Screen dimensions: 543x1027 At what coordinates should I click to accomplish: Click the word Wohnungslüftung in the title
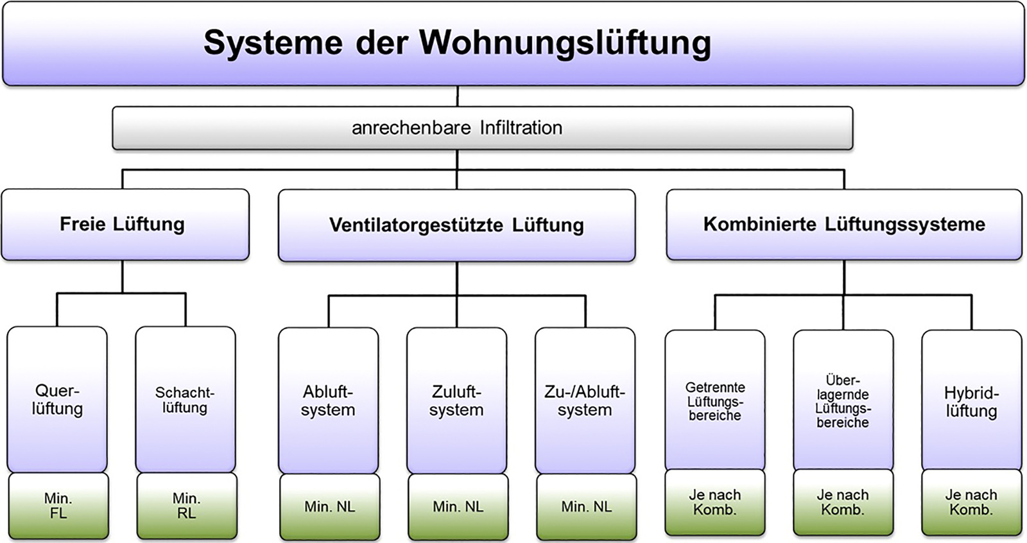[x=565, y=43]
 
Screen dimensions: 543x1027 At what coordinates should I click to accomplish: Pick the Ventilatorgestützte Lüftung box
[x=456, y=225]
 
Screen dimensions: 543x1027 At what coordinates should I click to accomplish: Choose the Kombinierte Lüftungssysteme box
[x=843, y=224]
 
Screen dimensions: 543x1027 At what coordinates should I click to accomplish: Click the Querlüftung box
[x=57, y=399]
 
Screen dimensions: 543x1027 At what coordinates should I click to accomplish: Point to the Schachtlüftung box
[x=185, y=399]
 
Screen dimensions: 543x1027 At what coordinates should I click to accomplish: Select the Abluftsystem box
[x=328, y=401]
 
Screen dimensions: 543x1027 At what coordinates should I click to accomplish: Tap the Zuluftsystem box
[x=456, y=401]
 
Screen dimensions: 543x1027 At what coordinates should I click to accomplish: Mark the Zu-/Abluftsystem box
[x=585, y=401]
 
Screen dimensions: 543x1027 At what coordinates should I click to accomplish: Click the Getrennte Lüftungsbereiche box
[x=714, y=401]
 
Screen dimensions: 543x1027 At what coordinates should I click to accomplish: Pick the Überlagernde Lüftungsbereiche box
[x=843, y=401]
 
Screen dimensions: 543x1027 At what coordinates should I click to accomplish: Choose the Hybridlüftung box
[x=971, y=402]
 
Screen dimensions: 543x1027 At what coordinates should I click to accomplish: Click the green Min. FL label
[x=58, y=506]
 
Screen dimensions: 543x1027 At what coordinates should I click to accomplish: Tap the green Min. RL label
[x=186, y=506]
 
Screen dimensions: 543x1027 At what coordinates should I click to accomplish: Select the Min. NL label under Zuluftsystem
[x=458, y=507]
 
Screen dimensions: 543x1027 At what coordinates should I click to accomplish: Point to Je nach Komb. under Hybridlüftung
[x=971, y=502]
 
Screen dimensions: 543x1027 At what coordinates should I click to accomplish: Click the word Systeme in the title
[x=273, y=43]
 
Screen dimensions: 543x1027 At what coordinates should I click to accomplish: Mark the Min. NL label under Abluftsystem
[x=329, y=507]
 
